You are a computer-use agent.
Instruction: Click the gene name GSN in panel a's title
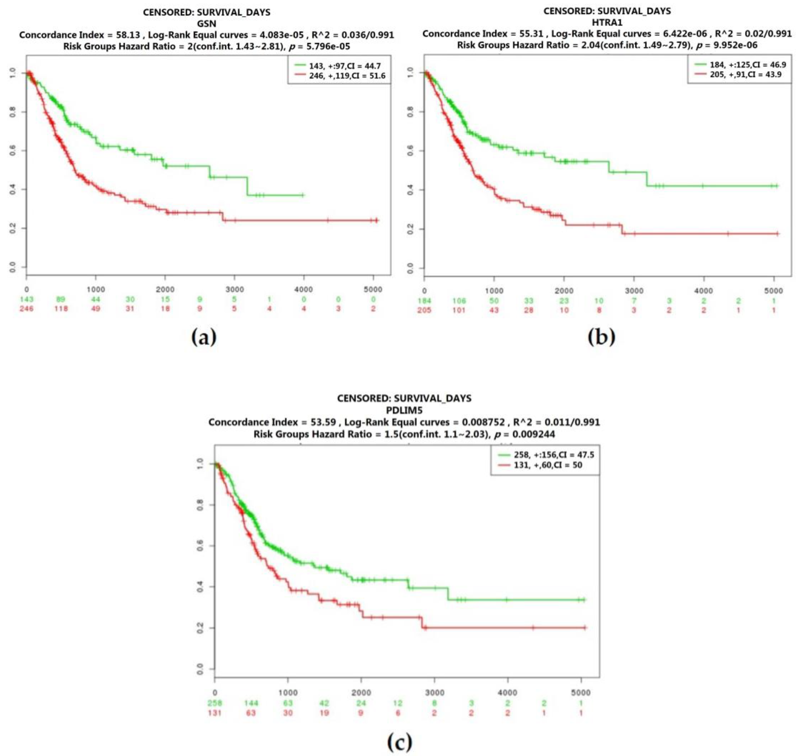(206, 23)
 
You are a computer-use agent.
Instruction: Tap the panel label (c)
(399, 741)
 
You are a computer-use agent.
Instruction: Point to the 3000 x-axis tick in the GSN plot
(234, 289)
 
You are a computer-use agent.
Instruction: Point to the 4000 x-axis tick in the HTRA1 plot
(704, 290)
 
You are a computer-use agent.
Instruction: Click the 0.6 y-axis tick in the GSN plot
(13, 150)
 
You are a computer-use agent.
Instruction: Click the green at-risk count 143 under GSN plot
(27, 299)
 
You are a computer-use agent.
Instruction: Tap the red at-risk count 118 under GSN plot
(61, 308)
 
